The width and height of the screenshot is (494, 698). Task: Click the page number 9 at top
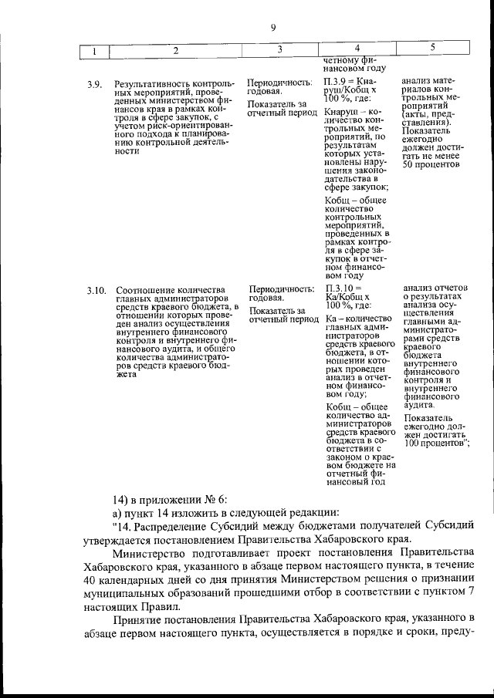click(x=273, y=29)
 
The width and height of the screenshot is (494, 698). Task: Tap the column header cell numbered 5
click(x=433, y=49)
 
